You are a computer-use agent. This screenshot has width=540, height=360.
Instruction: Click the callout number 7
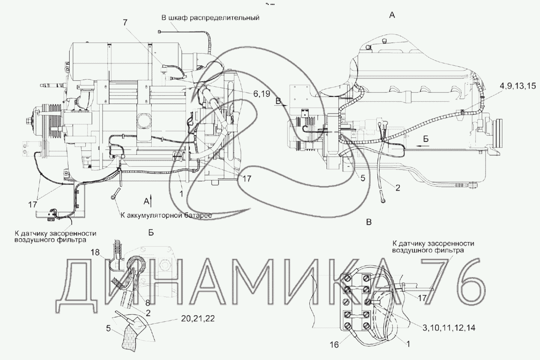125,23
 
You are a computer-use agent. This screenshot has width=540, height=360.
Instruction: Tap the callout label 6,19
261,94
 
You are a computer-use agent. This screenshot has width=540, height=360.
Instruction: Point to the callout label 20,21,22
197,318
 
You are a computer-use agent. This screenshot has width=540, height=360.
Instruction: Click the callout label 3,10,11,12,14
449,328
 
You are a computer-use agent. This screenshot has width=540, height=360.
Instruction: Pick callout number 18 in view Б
95,252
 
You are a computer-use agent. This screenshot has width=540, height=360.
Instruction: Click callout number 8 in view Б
147,303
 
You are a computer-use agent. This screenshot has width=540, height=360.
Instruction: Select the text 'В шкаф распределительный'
210,18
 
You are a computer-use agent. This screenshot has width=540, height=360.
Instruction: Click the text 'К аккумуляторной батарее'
166,215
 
